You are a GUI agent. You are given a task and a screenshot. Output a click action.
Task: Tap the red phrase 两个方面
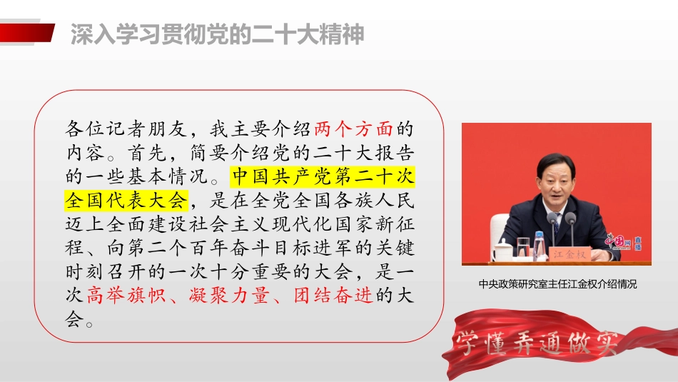click(353, 130)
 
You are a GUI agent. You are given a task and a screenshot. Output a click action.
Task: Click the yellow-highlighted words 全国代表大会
click(126, 199)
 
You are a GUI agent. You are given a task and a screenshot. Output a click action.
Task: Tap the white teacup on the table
click(502, 250)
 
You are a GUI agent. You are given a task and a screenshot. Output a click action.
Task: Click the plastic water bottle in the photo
click(539, 244)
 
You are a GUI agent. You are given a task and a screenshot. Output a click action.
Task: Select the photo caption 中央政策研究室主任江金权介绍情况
click(557, 284)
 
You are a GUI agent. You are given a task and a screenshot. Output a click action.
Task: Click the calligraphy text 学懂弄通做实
click(528, 345)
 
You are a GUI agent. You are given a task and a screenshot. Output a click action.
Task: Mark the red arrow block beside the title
click(27, 33)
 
